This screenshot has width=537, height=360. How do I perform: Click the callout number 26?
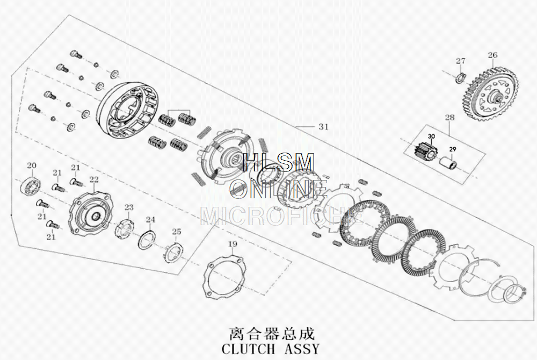click(492, 55)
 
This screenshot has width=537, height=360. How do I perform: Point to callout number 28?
click(449, 117)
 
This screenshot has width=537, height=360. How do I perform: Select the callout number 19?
click(232, 244)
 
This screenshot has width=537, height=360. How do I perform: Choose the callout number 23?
click(129, 207)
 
